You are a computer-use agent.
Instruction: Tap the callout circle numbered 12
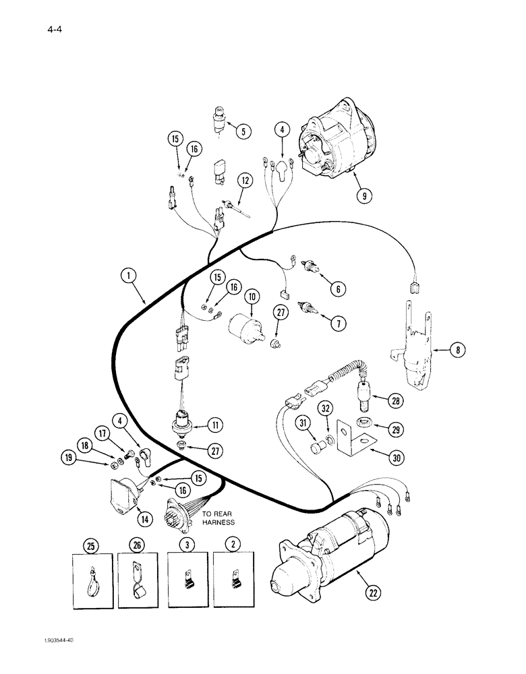243,180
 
